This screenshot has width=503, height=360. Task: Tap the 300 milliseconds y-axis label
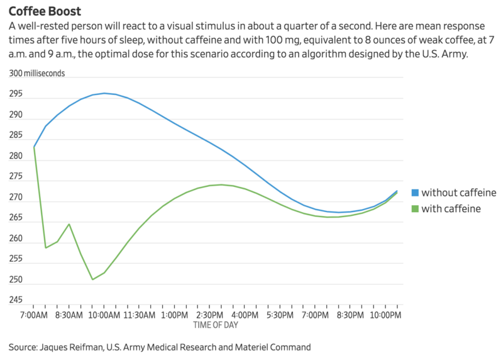tap(36, 73)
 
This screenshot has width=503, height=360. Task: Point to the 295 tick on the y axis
tap(16, 94)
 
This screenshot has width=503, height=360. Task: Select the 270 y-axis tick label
tap(16, 198)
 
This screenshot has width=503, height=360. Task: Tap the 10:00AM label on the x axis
tap(104, 314)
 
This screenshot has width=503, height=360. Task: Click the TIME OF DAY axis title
tap(216, 325)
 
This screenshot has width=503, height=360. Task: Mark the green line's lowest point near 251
tap(92, 279)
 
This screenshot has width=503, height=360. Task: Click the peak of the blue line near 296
tap(104, 93)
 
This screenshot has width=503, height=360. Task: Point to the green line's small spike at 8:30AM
tap(69, 224)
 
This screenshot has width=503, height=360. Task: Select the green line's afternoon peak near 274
tap(221, 184)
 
